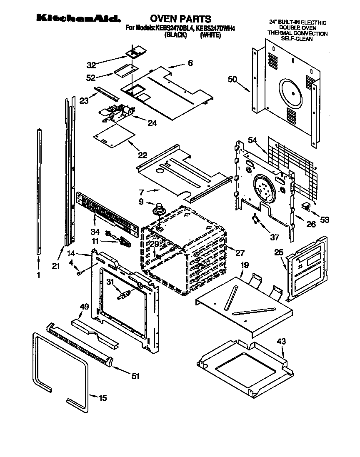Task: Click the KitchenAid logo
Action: click(78, 18)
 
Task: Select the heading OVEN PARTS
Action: click(180, 18)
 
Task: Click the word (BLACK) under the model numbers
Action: click(174, 35)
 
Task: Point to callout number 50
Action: click(233, 79)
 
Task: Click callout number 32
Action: click(91, 65)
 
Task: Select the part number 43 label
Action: click(282, 341)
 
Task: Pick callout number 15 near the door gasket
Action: click(102, 398)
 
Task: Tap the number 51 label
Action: click(135, 376)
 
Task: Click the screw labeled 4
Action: click(79, 273)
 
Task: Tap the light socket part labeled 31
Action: click(124, 296)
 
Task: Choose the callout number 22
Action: click(142, 155)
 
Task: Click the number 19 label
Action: click(245, 265)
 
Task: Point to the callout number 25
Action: click(279, 252)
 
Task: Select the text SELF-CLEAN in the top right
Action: click(297, 39)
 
